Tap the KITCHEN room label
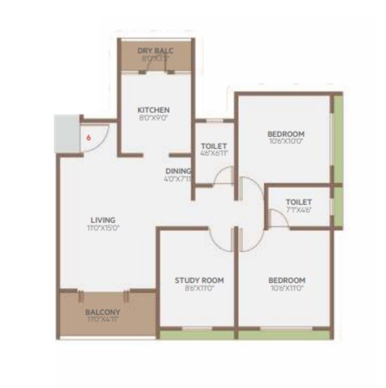click(x=154, y=110)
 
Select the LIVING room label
click(x=103, y=219)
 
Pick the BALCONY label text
click(x=103, y=312)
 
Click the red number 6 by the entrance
click(x=89, y=138)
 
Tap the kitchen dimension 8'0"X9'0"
click(x=154, y=119)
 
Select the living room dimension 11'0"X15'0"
click(x=103, y=229)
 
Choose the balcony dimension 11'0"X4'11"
click(x=103, y=320)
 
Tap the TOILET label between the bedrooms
click(x=298, y=201)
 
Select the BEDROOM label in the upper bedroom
click(x=285, y=134)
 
